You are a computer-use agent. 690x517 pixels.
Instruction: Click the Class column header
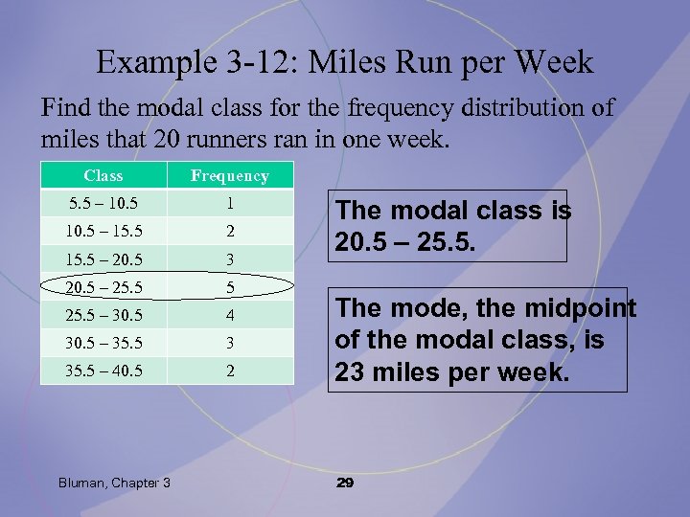pos(103,175)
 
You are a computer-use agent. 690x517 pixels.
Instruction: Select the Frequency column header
pos(230,175)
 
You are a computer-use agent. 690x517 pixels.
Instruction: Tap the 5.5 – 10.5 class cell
pos(103,203)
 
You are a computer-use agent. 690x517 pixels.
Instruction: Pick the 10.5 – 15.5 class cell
pos(103,231)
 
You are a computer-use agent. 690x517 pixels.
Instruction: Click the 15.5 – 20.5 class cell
pos(103,258)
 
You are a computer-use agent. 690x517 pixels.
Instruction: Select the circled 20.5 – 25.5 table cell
pos(103,286)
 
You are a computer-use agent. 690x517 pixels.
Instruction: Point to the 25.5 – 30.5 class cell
pos(103,314)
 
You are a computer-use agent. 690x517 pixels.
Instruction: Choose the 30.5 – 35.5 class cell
pos(103,342)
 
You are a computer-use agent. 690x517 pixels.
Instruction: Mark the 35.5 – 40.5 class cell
pos(103,370)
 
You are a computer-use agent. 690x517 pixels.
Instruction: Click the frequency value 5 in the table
pos(230,286)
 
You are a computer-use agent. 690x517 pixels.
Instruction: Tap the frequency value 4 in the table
pos(230,314)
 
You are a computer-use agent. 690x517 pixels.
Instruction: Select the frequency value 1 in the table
pos(230,203)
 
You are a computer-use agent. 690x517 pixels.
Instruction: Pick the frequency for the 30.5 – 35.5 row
pos(230,342)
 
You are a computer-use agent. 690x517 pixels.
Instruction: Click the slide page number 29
pos(345,483)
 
